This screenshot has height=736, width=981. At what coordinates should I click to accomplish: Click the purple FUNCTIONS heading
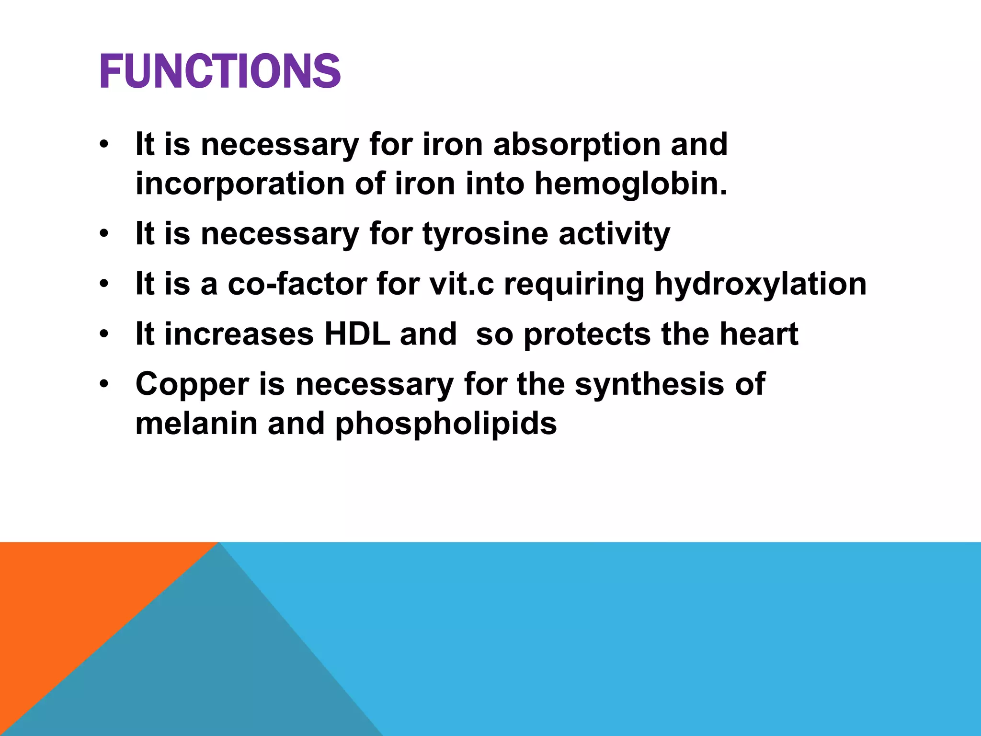(x=220, y=72)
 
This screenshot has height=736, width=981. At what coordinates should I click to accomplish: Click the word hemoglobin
(x=630, y=184)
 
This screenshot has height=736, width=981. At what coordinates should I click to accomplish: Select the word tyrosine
(x=485, y=235)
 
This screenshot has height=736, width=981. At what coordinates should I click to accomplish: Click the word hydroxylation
(x=760, y=285)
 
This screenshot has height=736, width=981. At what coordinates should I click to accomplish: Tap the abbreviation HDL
(x=357, y=334)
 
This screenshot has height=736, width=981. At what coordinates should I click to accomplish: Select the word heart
(x=759, y=334)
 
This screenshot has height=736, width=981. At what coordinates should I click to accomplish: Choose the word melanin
(x=196, y=424)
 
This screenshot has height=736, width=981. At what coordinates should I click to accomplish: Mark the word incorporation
(x=240, y=184)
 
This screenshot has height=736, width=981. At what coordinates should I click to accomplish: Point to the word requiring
(x=574, y=285)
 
